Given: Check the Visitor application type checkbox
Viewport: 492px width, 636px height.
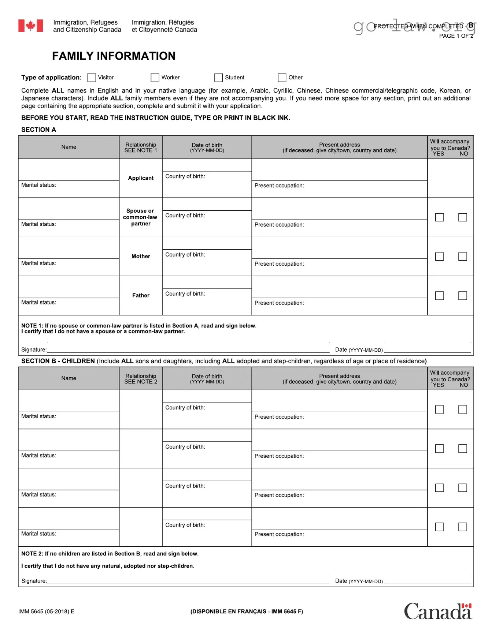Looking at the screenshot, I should click(92, 78).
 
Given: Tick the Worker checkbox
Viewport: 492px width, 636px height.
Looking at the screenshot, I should click(155, 78).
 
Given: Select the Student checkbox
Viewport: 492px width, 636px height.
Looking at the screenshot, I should click(219, 78).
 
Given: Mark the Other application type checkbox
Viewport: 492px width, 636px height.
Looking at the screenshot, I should click(282, 78).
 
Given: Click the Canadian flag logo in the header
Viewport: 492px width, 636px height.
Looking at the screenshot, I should click(31, 26).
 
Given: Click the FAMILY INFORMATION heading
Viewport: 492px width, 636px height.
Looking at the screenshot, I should click(114, 56).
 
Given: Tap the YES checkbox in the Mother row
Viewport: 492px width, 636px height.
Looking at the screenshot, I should click(439, 257).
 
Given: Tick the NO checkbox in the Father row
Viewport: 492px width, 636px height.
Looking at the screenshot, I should click(462, 296).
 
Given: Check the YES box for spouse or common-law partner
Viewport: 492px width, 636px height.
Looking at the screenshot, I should click(439, 217).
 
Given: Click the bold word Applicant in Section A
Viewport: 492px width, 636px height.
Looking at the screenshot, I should click(141, 178).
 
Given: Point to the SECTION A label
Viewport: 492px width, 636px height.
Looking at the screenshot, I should click(38, 130).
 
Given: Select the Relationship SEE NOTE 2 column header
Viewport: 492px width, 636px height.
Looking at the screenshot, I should click(141, 379).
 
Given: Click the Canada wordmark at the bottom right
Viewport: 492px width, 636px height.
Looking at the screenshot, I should click(438, 612).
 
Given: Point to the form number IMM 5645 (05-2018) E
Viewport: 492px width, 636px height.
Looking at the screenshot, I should click(47, 611).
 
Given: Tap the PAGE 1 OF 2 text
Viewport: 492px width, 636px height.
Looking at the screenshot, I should click(456, 36).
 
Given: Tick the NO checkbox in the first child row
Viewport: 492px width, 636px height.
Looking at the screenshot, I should click(462, 409).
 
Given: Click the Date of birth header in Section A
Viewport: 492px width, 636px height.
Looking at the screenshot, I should click(207, 147).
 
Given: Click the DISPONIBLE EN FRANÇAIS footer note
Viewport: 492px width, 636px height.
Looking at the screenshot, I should click(247, 611).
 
